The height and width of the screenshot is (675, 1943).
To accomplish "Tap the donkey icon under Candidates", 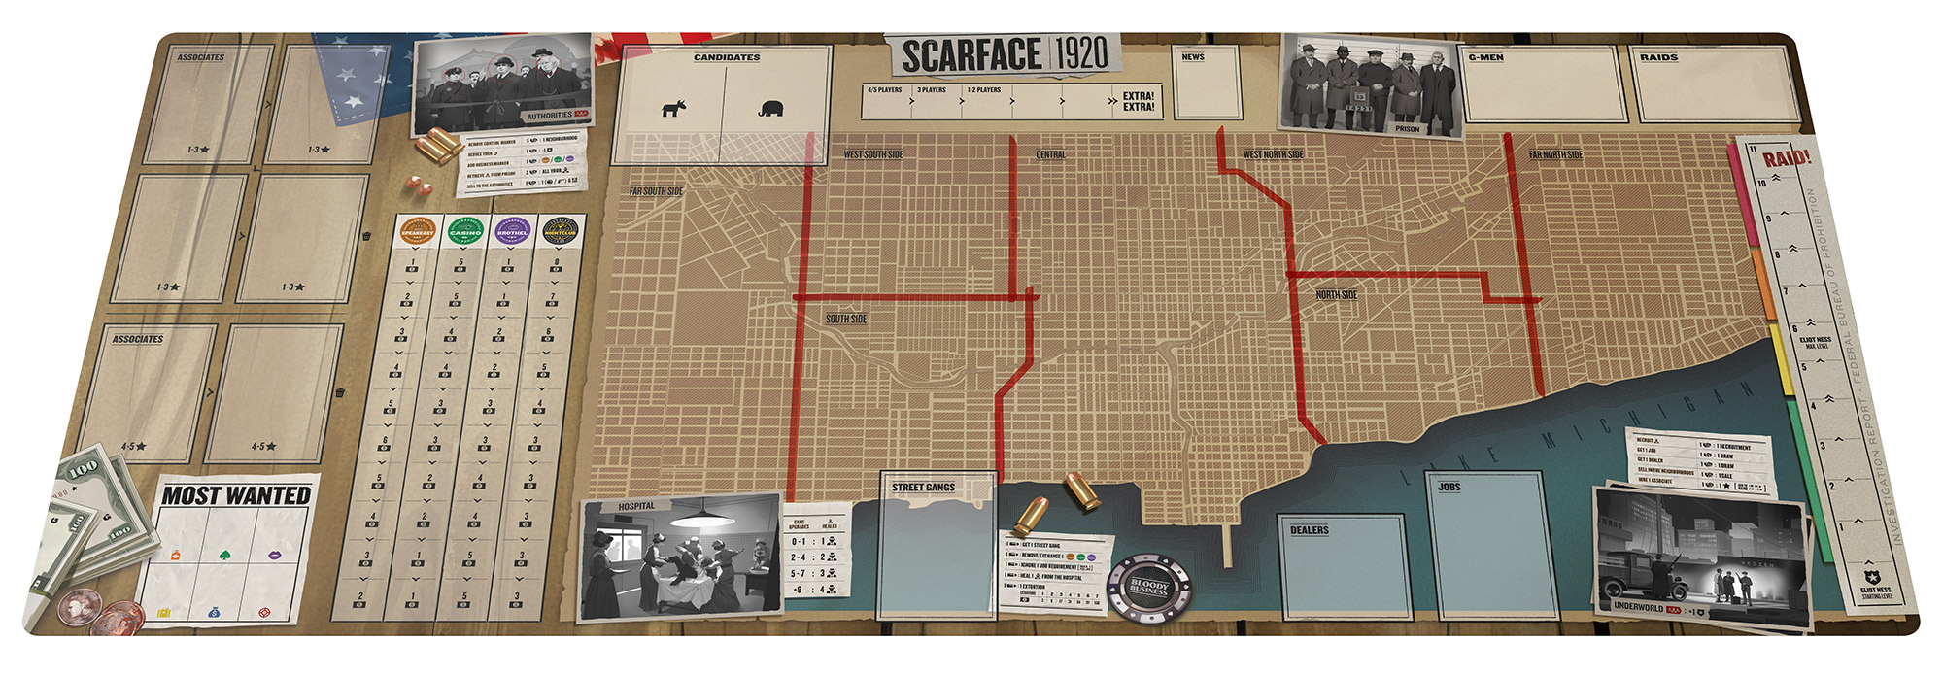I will (x=672, y=109).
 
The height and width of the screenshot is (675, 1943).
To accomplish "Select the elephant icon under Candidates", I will (x=771, y=109).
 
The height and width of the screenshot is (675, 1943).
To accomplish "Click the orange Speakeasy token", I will (x=418, y=232).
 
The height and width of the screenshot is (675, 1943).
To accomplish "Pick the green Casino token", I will (x=464, y=232).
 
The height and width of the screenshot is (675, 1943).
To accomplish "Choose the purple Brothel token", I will (x=512, y=232).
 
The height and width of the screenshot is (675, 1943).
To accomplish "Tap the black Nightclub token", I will (x=561, y=232).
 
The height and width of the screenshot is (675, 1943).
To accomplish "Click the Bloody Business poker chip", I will (x=1149, y=587).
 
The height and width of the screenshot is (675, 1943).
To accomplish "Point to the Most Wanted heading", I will (x=236, y=495).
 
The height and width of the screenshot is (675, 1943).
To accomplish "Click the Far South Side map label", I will (x=656, y=191).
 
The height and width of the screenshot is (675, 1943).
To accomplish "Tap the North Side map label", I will (x=1336, y=294).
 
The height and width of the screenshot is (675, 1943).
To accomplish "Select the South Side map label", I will (x=846, y=319).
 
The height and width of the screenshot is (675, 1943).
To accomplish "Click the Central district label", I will (x=1050, y=154).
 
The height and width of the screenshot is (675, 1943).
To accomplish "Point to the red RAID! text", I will (x=1787, y=158).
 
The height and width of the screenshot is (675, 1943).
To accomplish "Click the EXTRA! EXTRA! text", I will (x=1138, y=101).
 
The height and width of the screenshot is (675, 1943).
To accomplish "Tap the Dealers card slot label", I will (x=1309, y=530).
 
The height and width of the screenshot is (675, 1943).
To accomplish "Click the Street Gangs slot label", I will (x=923, y=487).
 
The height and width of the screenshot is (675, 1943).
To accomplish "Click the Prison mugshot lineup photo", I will (x=1372, y=85).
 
